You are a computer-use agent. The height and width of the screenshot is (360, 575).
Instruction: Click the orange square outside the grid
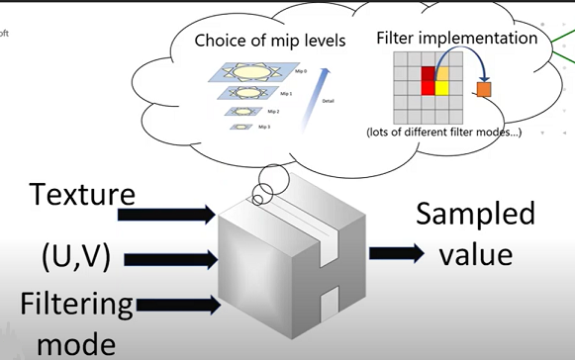point(484,90)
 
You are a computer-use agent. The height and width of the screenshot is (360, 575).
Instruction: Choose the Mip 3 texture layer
point(241,127)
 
